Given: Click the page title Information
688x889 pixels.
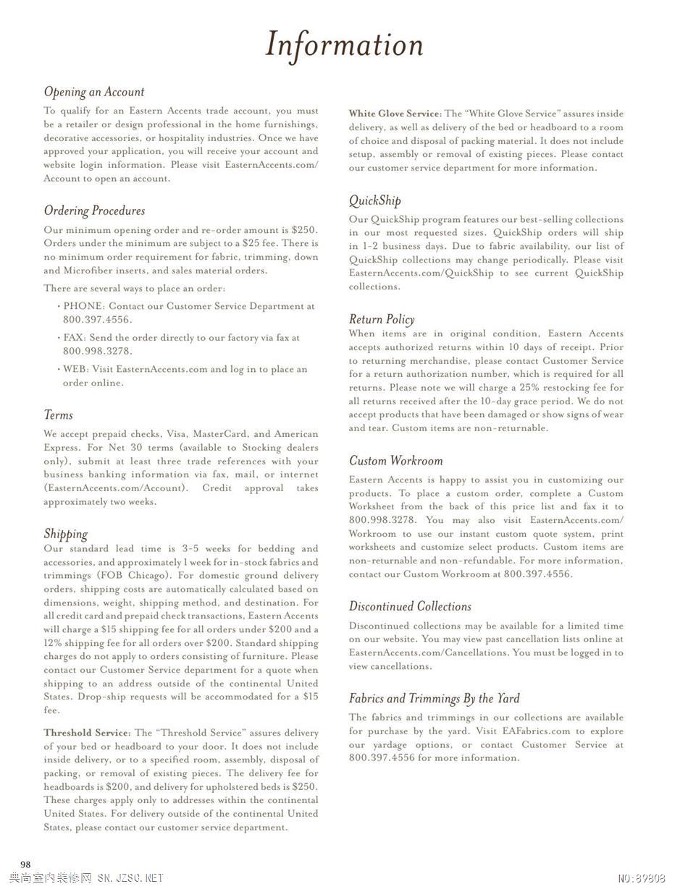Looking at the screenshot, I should (x=344, y=45).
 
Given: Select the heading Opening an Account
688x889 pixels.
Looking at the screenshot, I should (x=94, y=92).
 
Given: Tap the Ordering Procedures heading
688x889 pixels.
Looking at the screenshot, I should (x=94, y=210).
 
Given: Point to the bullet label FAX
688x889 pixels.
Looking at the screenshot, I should (x=73, y=338).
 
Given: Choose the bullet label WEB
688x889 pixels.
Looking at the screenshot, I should (x=75, y=370).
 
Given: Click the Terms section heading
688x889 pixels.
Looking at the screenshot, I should (x=58, y=415).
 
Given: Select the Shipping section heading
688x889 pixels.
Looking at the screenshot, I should (x=65, y=534).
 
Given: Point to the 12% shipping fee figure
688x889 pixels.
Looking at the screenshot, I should (x=52, y=643).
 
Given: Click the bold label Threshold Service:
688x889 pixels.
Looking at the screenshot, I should (x=87, y=733).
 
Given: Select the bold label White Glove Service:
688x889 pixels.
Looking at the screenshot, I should (x=395, y=114).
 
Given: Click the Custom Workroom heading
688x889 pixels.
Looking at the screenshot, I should (x=395, y=461).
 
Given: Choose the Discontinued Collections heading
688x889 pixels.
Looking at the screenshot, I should (x=410, y=606).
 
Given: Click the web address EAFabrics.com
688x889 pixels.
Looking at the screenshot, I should (x=536, y=731).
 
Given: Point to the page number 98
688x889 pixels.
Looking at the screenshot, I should (x=25, y=864).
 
